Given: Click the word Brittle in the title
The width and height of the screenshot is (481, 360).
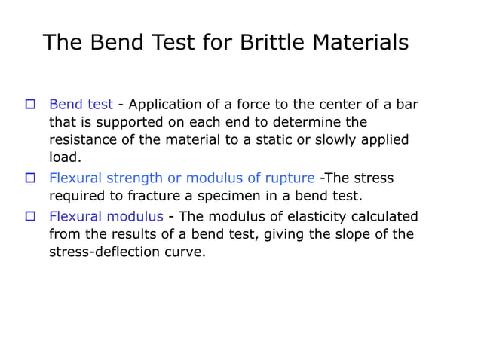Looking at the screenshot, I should tap(269, 42).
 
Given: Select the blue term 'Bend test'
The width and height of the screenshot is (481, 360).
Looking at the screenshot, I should tap(81, 105).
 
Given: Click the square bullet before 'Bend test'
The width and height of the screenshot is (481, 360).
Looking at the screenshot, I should tap(31, 105).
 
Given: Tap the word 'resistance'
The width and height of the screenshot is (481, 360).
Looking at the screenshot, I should tap(84, 140).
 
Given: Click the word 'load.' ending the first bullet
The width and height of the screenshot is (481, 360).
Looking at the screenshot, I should tap(65, 158).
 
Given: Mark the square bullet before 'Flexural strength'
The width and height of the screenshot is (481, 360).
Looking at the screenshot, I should tap(31, 178).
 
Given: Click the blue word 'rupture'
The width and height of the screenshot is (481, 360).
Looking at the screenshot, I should tap(290, 178).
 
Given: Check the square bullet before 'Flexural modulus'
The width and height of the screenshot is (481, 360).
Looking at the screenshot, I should tap(31, 217).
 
